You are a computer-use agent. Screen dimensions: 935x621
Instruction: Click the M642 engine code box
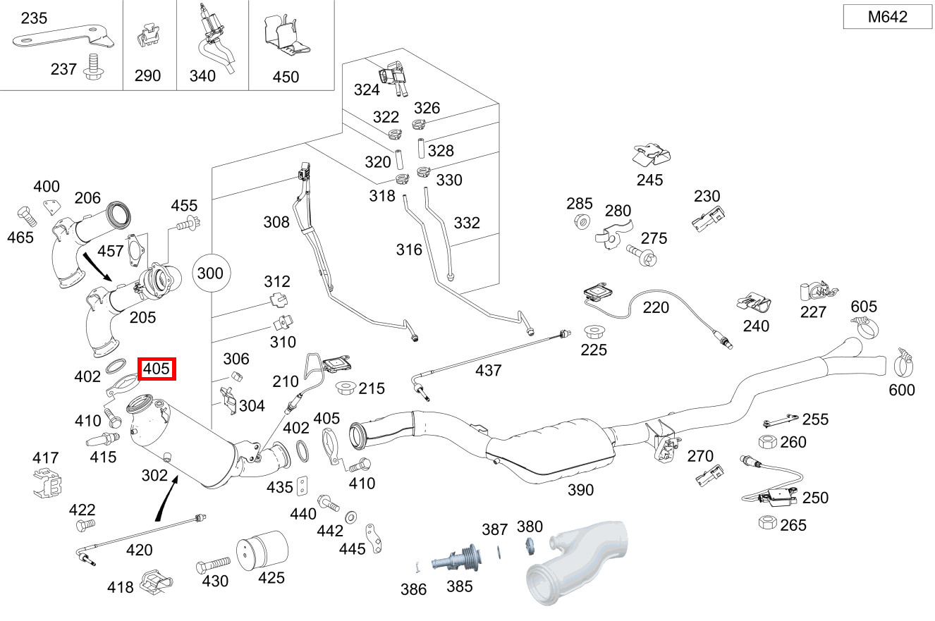(x=887, y=17)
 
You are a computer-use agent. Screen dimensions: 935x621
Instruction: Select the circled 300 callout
(x=211, y=273)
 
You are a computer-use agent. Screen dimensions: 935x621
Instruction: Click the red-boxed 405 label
(x=157, y=369)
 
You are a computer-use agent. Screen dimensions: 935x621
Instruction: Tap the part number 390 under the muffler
(x=580, y=490)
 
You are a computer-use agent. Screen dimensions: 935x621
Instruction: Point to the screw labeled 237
(x=94, y=67)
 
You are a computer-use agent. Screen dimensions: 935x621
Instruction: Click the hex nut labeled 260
(x=766, y=442)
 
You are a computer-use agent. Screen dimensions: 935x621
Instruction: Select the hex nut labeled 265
(x=767, y=522)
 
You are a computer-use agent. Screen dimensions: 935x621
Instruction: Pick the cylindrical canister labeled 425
(x=262, y=551)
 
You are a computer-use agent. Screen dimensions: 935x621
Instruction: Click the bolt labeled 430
(x=213, y=565)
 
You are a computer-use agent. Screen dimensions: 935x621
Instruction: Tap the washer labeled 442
(x=350, y=517)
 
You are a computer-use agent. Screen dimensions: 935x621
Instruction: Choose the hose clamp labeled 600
(x=904, y=363)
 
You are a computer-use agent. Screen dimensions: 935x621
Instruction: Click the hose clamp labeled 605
(x=864, y=328)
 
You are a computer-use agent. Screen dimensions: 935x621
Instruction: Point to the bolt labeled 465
(x=27, y=216)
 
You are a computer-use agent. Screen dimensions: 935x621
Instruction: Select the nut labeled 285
(x=582, y=221)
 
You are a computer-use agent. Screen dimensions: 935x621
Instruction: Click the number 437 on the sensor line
(x=489, y=371)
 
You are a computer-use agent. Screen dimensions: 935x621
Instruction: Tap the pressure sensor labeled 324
(x=393, y=78)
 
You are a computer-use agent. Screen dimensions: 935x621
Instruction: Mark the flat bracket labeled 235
(x=63, y=37)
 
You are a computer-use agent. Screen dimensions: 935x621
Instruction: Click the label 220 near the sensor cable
(x=656, y=307)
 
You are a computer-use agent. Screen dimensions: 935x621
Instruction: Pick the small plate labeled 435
(x=302, y=486)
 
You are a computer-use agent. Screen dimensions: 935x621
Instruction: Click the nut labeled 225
(x=593, y=333)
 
